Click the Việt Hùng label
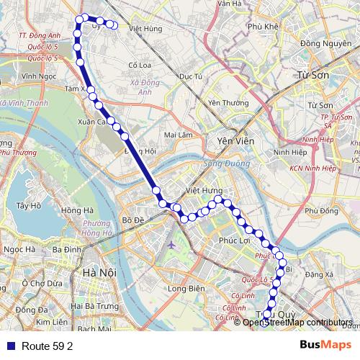point(145,29)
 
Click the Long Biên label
point(186,289)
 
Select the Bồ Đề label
point(135,220)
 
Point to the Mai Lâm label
point(179,135)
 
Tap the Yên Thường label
point(222,103)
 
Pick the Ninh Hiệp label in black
point(289,153)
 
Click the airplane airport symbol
point(171,246)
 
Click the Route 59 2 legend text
point(48,346)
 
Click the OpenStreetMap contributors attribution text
point(297,322)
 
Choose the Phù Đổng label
point(320,211)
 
